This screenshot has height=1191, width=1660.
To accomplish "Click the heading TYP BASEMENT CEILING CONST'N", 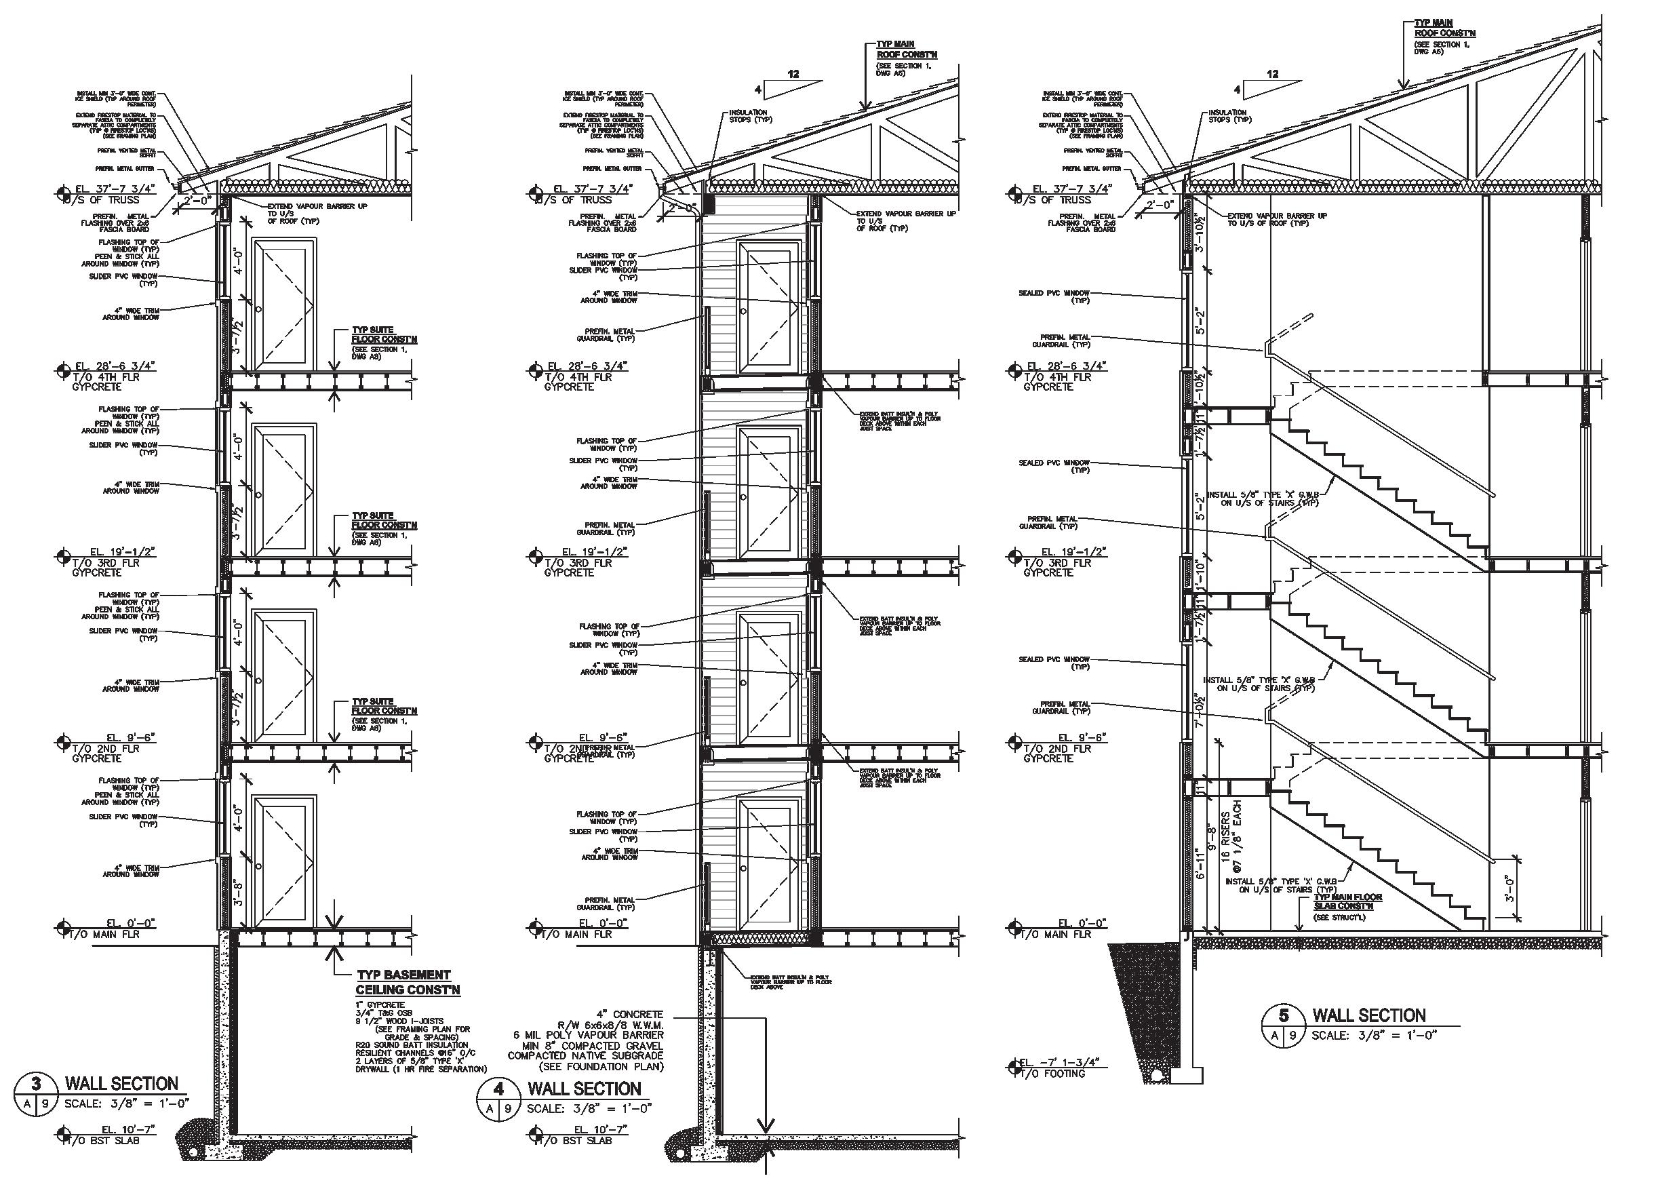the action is pos(408,982).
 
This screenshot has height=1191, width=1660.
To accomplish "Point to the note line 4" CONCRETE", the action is pos(629,1015).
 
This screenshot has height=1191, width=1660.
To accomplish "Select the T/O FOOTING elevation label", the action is pos(1053,1073).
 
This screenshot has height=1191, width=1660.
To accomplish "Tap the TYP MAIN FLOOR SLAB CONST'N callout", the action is pos(1347,901).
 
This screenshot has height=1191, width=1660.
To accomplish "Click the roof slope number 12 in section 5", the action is pos(1272,74).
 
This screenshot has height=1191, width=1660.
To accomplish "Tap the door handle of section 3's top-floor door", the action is pos(258,310).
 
